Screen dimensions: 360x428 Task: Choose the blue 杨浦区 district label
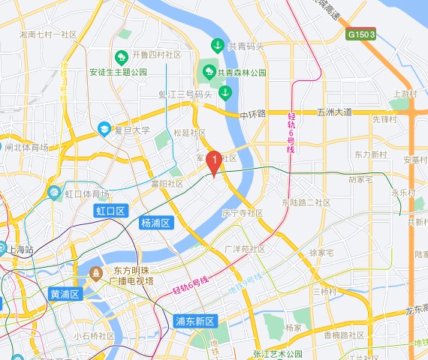click(157, 223)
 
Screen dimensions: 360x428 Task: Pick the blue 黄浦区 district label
click(65, 294)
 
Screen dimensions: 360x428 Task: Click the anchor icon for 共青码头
click(218, 46)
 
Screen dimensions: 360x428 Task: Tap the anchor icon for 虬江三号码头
click(225, 93)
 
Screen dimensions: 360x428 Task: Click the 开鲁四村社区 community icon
click(121, 56)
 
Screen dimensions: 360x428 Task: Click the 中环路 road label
click(253, 114)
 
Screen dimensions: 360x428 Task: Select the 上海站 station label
click(22, 249)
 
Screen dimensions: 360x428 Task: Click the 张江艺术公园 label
click(277, 353)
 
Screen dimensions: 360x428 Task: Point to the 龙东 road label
click(415, 310)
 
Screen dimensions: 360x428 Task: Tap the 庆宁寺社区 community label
click(242, 213)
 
